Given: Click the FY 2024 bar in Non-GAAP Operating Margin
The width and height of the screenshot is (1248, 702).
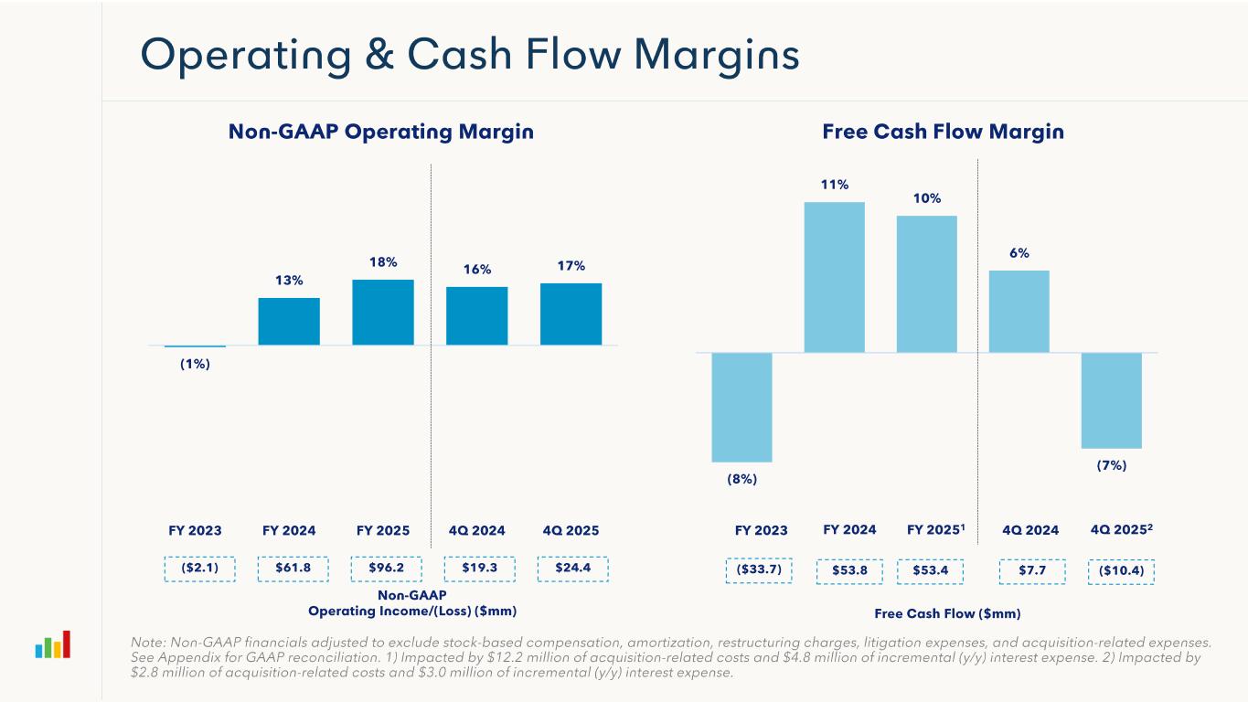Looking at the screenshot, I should click(289, 321).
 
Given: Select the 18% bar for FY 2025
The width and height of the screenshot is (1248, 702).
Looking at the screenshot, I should click(382, 312).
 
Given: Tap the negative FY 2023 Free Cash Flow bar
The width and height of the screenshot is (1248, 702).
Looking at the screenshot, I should click(741, 407).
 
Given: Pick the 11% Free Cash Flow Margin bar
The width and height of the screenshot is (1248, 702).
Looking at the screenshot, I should click(834, 277).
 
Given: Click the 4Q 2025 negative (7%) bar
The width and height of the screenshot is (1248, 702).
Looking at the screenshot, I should click(1111, 400).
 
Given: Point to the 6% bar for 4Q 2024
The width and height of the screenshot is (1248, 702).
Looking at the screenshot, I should click(1019, 311).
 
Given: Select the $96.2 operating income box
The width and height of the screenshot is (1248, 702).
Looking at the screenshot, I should click(385, 568).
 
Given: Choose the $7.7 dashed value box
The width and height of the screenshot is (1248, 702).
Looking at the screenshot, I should click(1030, 571).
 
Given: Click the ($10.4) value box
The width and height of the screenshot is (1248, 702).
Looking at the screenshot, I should click(1122, 571).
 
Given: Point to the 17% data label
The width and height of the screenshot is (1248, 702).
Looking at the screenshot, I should click(571, 265).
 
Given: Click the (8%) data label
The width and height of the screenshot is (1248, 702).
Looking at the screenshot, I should click(741, 478).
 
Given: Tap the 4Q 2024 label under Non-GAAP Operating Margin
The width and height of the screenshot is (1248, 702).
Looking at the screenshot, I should click(476, 530).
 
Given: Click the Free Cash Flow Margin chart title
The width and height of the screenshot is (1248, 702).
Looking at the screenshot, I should click(943, 132).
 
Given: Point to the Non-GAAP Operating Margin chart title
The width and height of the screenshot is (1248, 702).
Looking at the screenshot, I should click(380, 132).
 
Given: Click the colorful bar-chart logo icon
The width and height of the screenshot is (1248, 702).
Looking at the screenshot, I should click(52, 644).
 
